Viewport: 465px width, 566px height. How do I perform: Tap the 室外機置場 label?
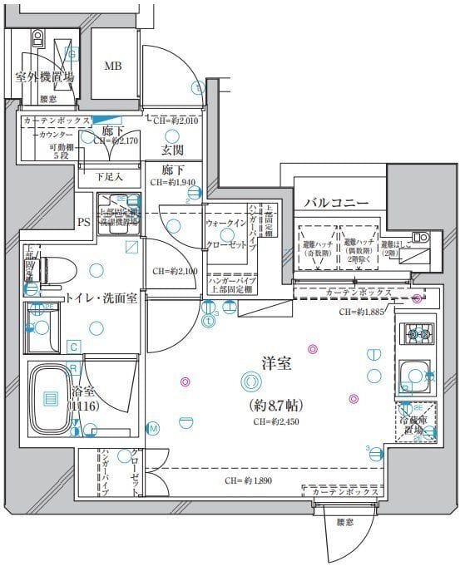pyautogui.click(x=44, y=77)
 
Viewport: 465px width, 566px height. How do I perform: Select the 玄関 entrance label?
pyautogui.click(x=172, y=150)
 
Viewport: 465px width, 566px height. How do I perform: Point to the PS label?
pyautogui.click(x=83, y=222)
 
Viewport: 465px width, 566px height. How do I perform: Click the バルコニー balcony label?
pyautogui.click(x=335, y=202)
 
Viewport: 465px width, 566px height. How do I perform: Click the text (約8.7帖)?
pyautogui.click(x=275, y=406)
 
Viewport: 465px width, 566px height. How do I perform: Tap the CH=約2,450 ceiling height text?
pyautogui.click(x=276, y=421)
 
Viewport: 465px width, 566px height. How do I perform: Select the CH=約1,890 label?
pyautogui.click(x=247, y=481)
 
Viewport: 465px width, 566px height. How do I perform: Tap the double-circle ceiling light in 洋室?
pyautogui.click(x=249, y=381)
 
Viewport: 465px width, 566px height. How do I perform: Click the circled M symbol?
pyautogui.click(x=153, y=428)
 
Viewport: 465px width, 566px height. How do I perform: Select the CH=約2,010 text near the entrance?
pyautogui.click(x=176, y=121)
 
